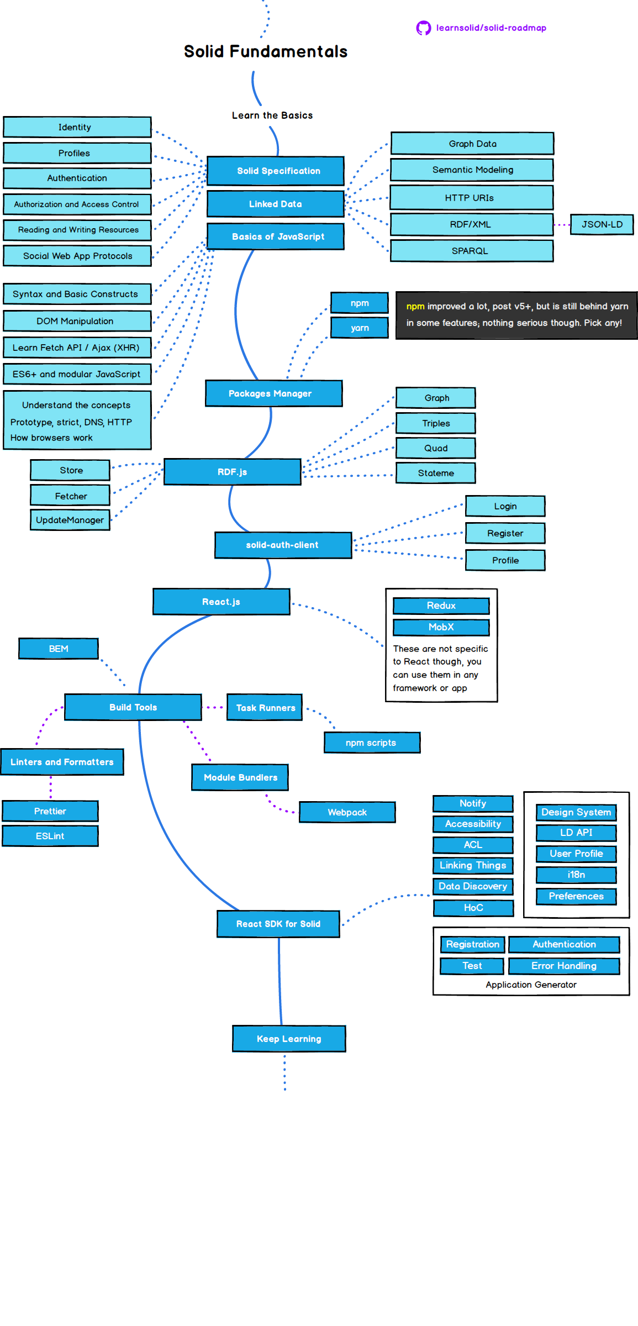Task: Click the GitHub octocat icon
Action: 423,28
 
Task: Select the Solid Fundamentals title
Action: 266,51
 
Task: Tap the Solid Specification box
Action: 276,171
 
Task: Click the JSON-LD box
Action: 602,224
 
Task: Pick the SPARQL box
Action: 471,251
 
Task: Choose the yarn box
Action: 360,328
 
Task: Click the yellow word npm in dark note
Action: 415,307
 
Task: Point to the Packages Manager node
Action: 273,393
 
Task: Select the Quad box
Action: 435,448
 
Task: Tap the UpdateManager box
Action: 70,520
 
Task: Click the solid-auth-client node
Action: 283,545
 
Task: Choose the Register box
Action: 505,533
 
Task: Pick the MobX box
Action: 441,627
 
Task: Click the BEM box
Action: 59,649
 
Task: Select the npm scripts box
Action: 372,743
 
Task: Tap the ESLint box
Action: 50,836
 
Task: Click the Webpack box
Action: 347,812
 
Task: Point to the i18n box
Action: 576,875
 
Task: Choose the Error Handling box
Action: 563,966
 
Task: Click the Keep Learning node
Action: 289,1039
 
